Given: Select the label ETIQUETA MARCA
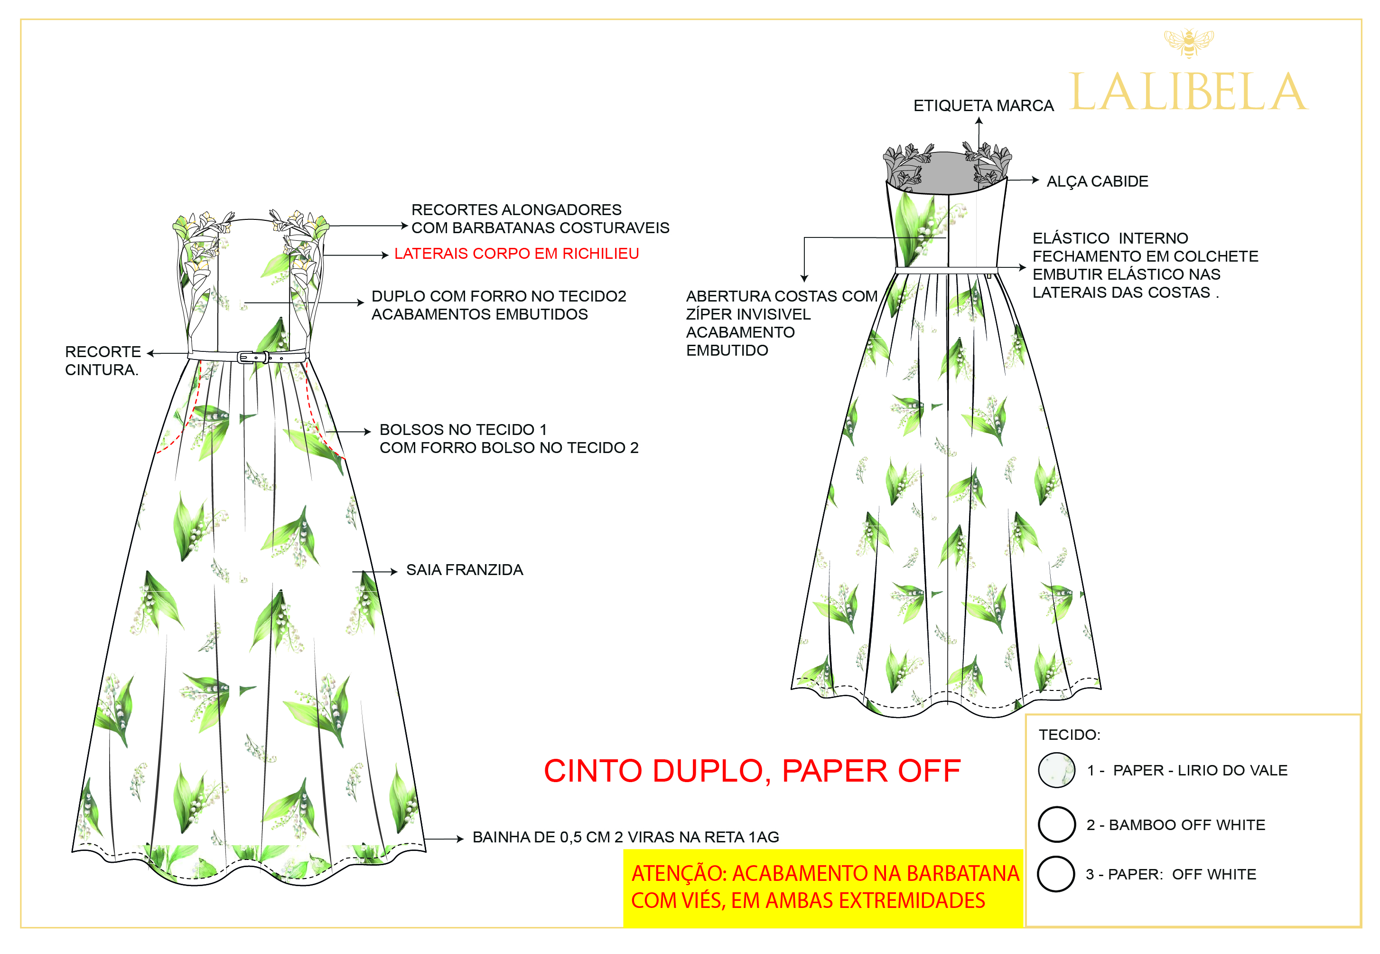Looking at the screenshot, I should click(x=983, y=106).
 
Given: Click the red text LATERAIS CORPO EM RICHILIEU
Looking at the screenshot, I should click(x=516, y=254).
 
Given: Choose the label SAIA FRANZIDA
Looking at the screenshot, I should click(x=464, y=570).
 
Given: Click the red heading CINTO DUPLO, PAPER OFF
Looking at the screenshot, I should click(x=752, y=771).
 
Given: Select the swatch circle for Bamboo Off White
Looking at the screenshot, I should click(x=1056, y=824).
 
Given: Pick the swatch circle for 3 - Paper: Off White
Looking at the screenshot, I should click(x=1055, y=874).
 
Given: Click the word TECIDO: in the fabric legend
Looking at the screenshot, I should click(x=1069, y=735).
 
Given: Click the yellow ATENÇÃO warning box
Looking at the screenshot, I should click(x=823, y=887).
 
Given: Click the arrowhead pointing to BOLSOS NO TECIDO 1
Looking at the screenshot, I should click(x=368, y=432).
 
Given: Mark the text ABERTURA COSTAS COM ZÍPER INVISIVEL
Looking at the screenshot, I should click(x=781, y=305).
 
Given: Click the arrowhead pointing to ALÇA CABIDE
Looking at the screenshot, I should click(x=1036, y=179).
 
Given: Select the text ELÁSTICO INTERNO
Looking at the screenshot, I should click(x=1110, y=238).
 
